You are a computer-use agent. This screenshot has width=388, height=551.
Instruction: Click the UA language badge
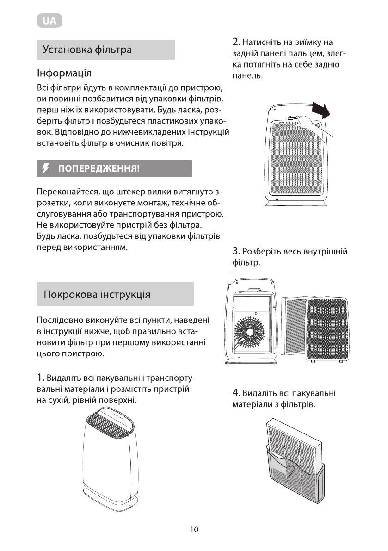49,21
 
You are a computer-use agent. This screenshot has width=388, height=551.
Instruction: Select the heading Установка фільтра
87,50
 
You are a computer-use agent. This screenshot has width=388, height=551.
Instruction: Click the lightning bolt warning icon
45,169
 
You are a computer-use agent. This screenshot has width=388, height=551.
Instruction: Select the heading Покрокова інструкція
96,294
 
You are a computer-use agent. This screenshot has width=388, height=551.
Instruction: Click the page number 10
194,530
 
